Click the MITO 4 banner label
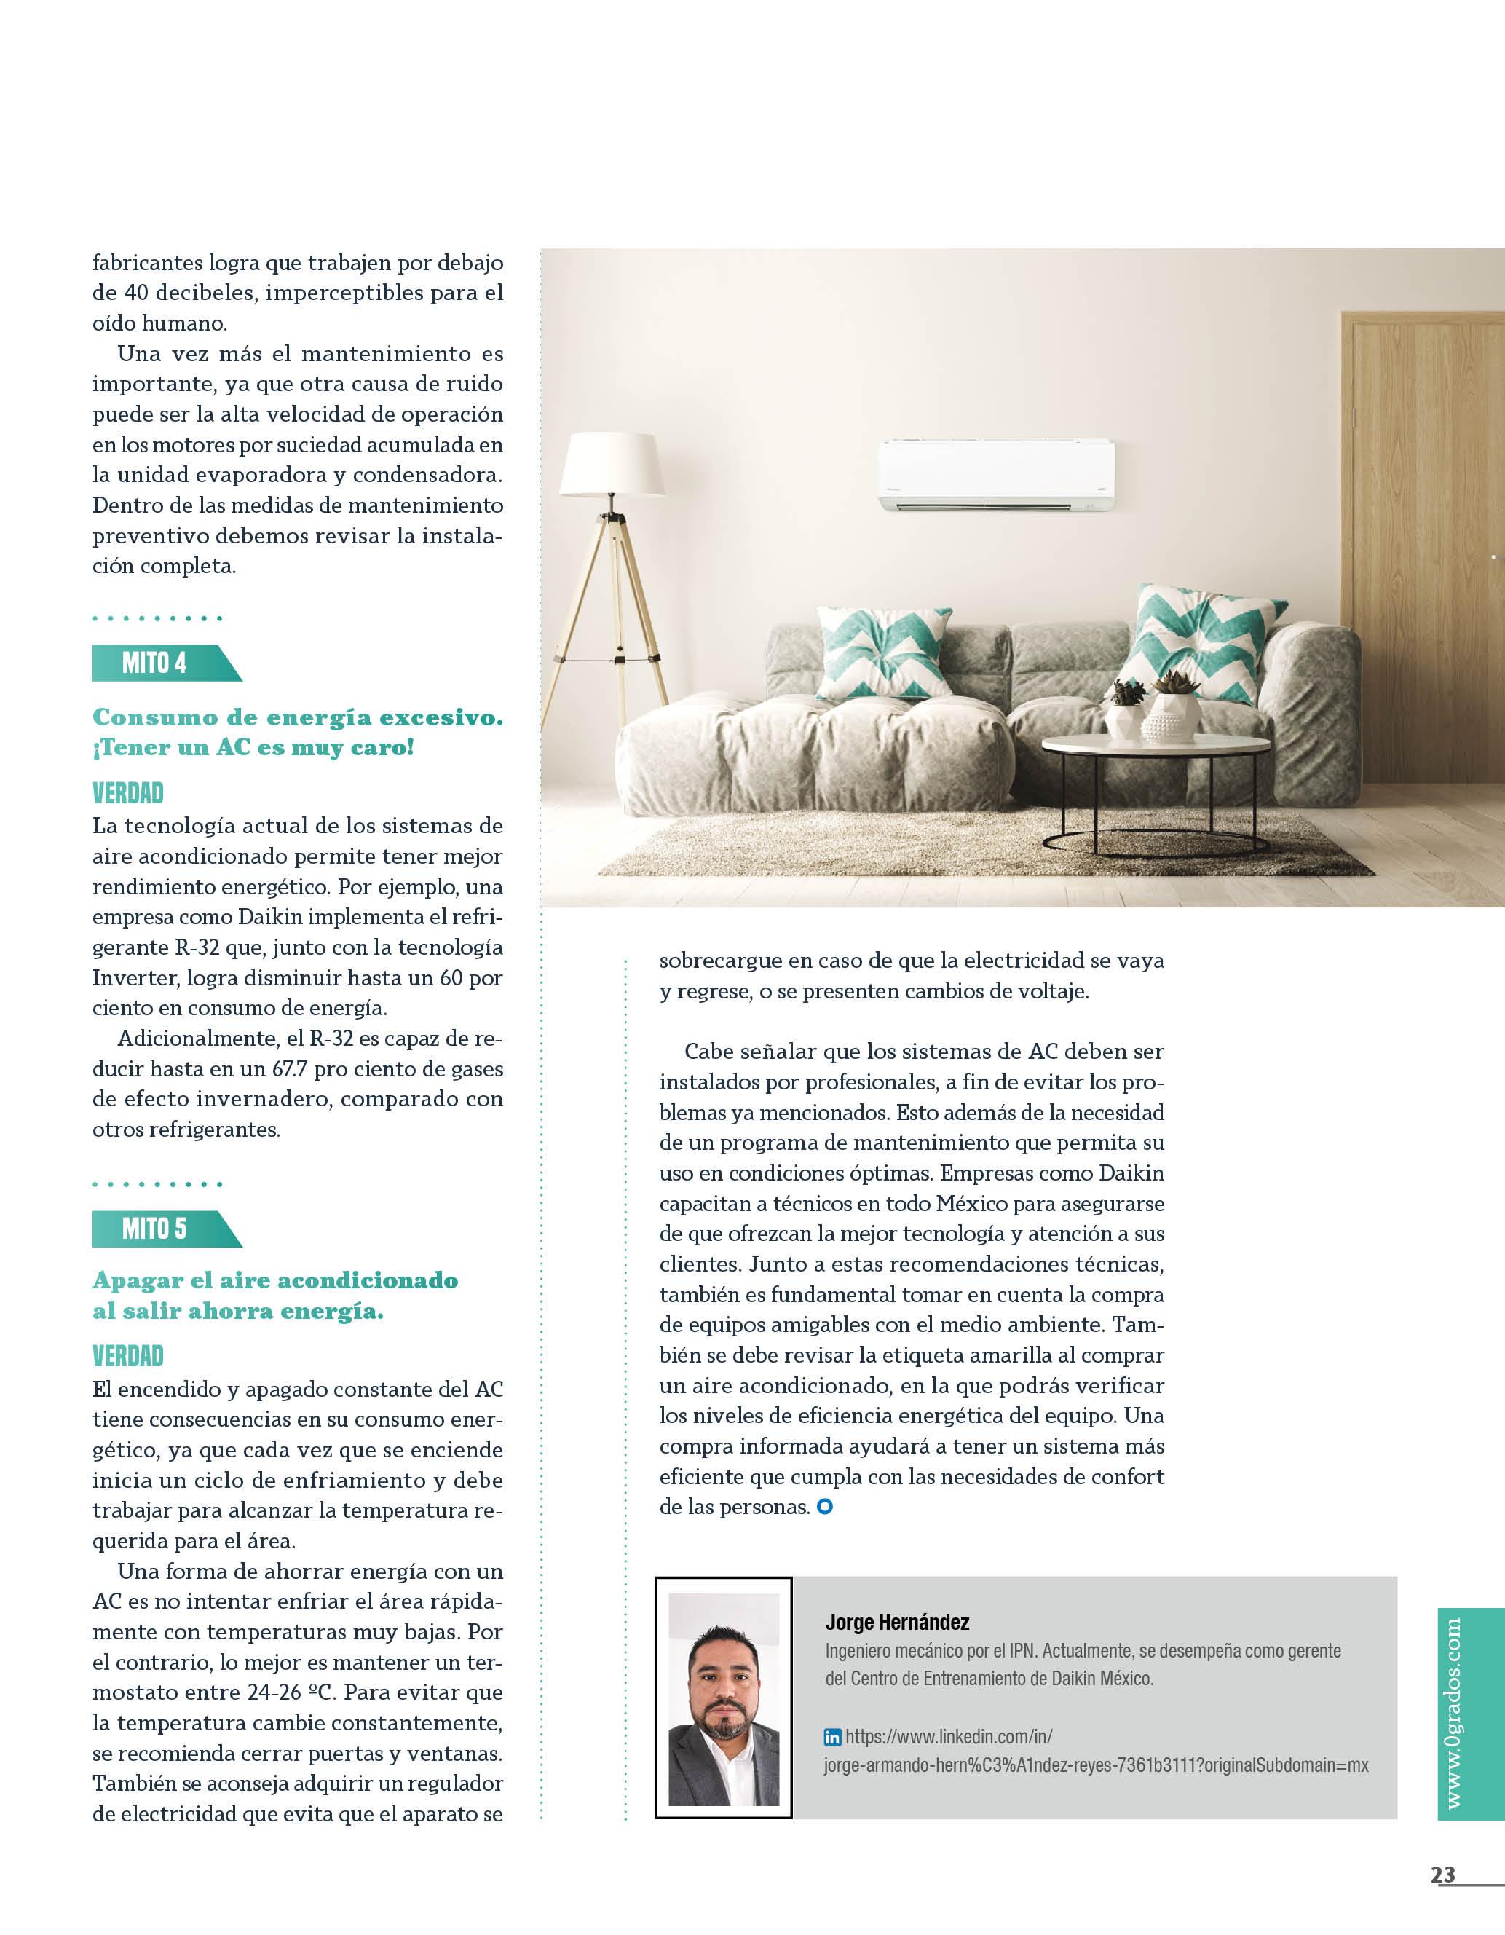coord(155,663)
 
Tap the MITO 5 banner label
coord(155,1229)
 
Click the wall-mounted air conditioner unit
coord(995,475)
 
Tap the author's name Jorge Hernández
coord(896,1623)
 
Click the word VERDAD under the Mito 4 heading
coord(127,792)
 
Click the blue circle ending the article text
coord(825,1506)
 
